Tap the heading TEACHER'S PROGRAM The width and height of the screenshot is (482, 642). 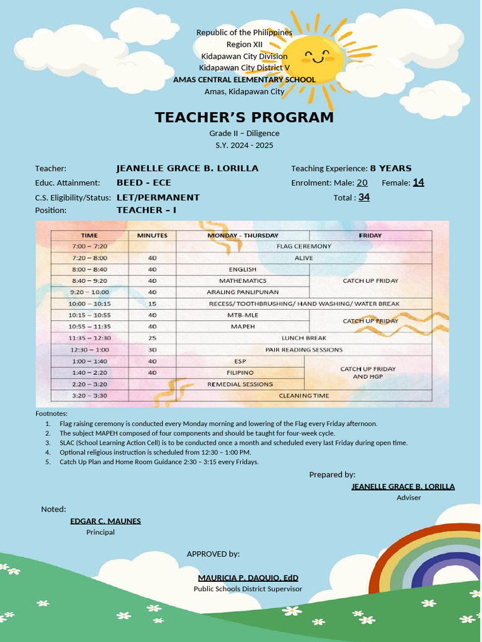(x=244, y=118)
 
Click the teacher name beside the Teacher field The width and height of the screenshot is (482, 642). (x=187, y=168)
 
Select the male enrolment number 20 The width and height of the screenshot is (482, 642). (x=362, y=182)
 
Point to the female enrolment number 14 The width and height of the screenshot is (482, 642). (x=418, y=182)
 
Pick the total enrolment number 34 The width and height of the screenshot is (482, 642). (x=364, y=197)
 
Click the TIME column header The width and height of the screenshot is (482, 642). (x=90, y=235)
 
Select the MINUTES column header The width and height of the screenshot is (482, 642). (x=152, y=235)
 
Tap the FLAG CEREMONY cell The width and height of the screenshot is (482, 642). (x=304, y=246)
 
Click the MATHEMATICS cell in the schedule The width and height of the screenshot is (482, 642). (x=242, y=281)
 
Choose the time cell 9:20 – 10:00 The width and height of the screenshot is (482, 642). (x=90, y=292)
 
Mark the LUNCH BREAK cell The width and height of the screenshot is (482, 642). (x=304, y=338)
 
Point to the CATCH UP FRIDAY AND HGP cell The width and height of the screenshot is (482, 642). (x=368, y=372)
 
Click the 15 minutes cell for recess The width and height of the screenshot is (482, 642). (x=152, y=303)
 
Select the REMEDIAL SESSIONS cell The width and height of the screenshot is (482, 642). (x=240, y=384)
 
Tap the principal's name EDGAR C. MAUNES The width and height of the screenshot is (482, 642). (x=105, y=521)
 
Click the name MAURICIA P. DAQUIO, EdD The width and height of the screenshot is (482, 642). (x=248, y=577)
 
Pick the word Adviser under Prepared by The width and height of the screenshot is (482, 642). (x=409, y=498)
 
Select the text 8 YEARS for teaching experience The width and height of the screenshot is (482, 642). (x=390, y=168)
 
